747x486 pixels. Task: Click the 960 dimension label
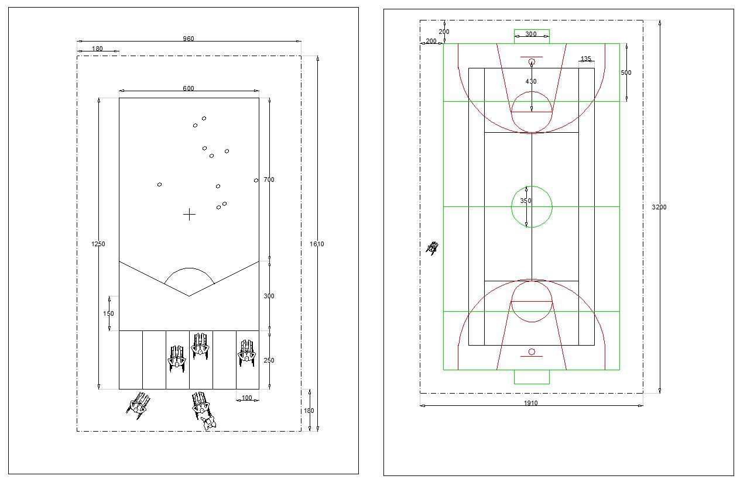pos(188,39)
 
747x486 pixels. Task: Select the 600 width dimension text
pos(188,89)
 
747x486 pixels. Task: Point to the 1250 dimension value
pos(98,244)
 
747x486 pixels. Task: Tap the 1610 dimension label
pos(317,244)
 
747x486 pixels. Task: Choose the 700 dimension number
pos(269,180)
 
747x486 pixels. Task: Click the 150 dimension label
pos(109,313)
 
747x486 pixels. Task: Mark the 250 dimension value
pos(269,361)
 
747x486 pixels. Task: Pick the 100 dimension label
pos(246,398)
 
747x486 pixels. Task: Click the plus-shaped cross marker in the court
pos(189,215)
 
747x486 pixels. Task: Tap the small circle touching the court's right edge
pos(256,180)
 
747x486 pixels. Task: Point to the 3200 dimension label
pos(659,207)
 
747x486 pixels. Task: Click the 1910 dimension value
pos(530,402)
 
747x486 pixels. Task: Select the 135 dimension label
pos(585,59)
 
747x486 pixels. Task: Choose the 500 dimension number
pos(626,73)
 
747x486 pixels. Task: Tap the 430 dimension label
pos(530,82)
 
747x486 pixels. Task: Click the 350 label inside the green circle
pos(526,201)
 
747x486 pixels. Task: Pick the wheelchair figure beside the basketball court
pos(433,248)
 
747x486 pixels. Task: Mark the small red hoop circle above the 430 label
pos(532,61)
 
